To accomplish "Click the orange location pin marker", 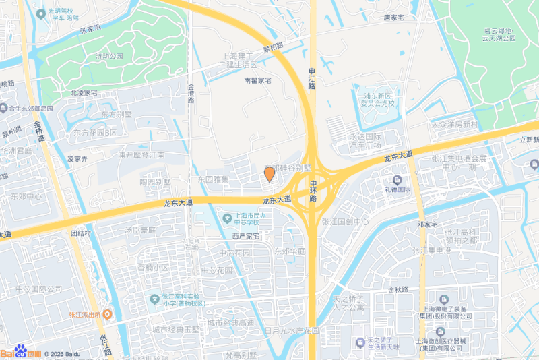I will tap(269, 175).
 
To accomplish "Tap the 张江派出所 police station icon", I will tap(107, 314).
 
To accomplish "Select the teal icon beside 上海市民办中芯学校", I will tap(226, 218).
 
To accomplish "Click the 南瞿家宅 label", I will tap(257, 80).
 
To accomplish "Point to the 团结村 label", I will tap(81, 233).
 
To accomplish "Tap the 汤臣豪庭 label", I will tap(139, 230).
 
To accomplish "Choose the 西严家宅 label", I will tap(246, 236).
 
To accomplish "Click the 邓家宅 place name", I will tap(429, 224).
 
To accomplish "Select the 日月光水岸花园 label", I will tap(291, 331).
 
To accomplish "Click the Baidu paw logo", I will tap(21, 351).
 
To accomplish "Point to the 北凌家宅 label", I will tap(84, 92).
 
